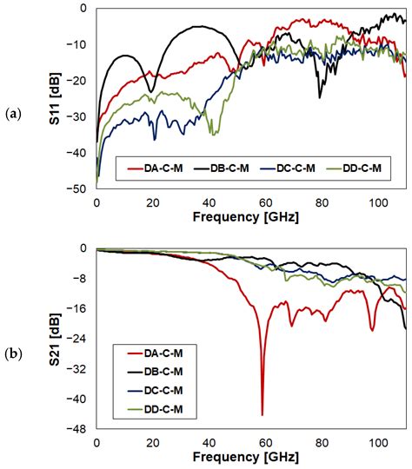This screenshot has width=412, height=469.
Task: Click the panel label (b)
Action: [x=13, y=353]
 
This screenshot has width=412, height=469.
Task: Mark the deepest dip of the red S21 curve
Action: [x=262, y=414]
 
